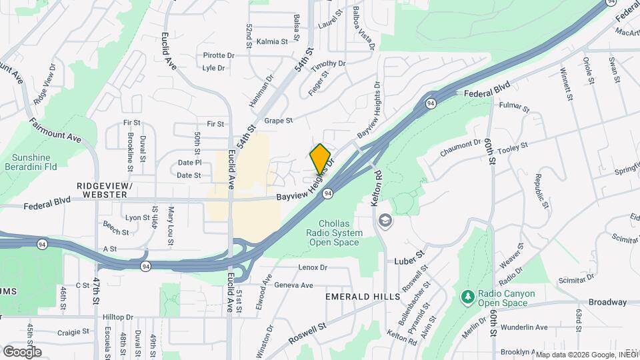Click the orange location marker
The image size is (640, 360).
click(321, 158)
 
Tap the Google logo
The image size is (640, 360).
click(22, 351)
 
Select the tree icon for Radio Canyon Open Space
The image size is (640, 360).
click(468, 295)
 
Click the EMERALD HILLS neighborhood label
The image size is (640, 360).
click(363, 296)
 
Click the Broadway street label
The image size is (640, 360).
click(608, 301)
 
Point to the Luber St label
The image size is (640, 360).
click(409, 254)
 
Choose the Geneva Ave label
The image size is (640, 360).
click(294, 285)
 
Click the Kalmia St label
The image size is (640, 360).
click(271, 41)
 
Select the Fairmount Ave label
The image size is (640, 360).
click(55, 131)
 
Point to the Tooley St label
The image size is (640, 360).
click(514, 145)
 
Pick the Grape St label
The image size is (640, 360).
click(278, 121)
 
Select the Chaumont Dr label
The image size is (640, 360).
click(460, 147)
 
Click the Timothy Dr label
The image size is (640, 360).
click(329, 64)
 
